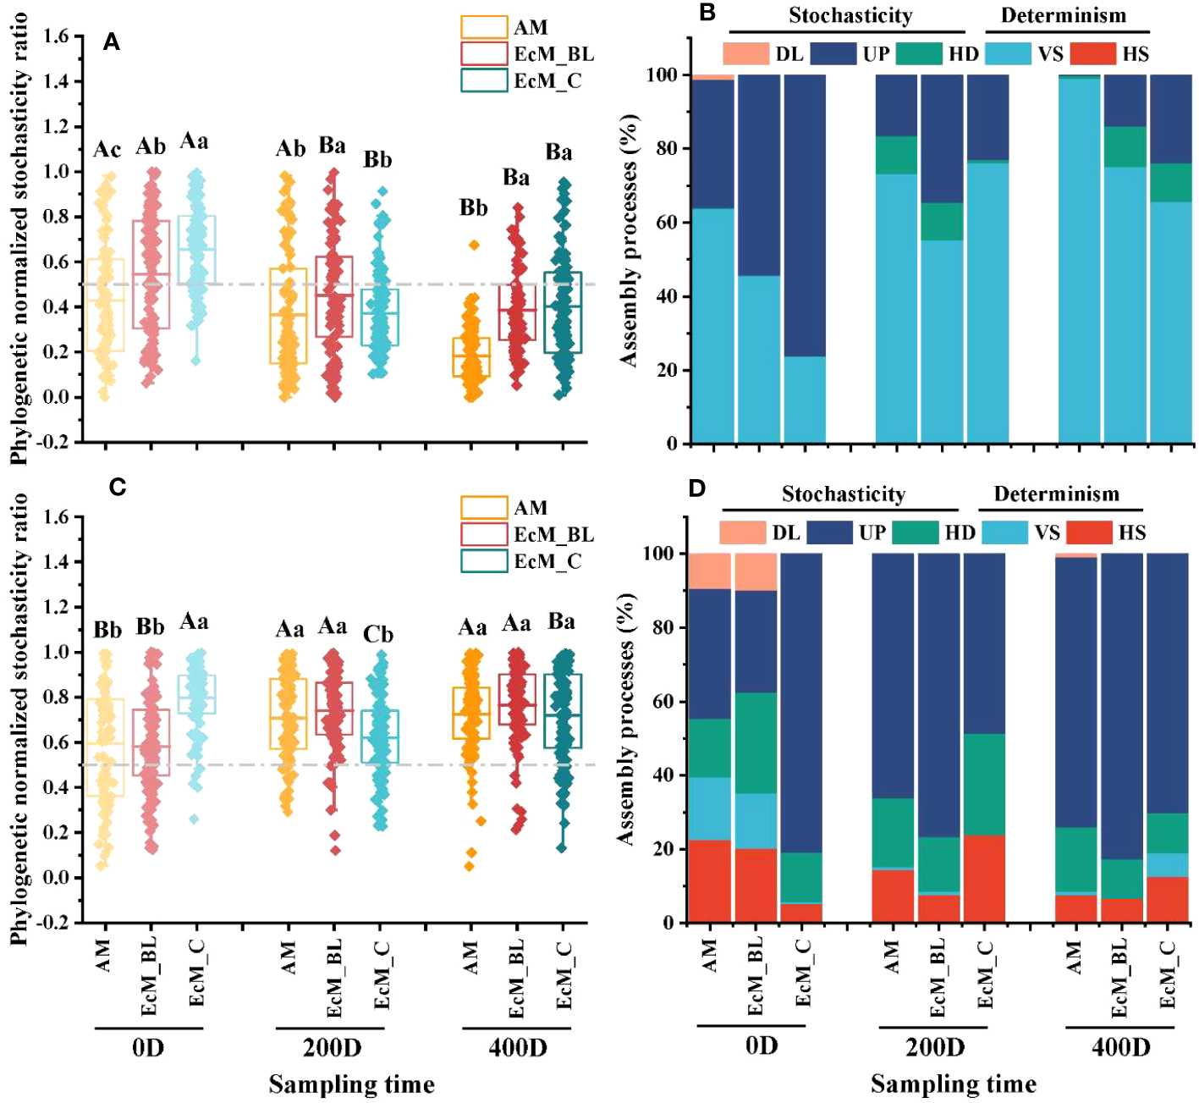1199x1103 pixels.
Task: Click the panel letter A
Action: pyautogui.click(x=112, y=42)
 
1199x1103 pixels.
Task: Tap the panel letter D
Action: pyautogui.click(x=697, y=488)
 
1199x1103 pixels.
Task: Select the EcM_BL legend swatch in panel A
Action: pyautogui.click(x=484, y=53)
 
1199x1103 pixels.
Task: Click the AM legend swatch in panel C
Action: pyautogui.click(x=484, y=507)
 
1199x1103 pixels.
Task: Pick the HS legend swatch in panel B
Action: pyautogui.click(x=1092, y=53)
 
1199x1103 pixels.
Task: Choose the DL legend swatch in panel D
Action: pyautogui.click(x=742, y=532)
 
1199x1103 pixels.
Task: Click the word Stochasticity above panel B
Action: pyautogui.click(x=850, y=15)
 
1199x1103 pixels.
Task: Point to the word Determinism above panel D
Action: pyautogui.click(x=1056, y=494)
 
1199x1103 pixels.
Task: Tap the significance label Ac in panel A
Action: pyautogui.click(x=107, y=150)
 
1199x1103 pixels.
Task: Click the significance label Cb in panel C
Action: pyautogui.click(x=377, y=634)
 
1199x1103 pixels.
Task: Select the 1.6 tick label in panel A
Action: pyautogui.click(x=57, y=36)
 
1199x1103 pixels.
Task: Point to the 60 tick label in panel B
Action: pyautogui.click(x=668, y=223)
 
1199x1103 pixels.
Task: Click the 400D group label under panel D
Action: pyautogui.click(x=1120, y=1047)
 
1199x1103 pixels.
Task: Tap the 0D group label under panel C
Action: pyautogui.click(x=148, y=1048)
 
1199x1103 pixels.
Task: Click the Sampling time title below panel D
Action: pyautogui.click(x=953, y=1084)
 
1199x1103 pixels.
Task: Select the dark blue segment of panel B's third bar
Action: pyautogui.click(x=804, y=215)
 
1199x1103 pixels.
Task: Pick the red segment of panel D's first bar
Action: pyautogui.click(x=709, y=880)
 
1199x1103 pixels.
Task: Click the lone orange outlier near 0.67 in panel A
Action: pyautogui.click(x=474, y=245)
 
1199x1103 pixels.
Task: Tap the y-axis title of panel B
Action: pyautogui.click(x=629, y=241)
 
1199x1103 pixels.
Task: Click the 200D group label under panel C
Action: pyautogui.click(x=332, y=1048)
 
